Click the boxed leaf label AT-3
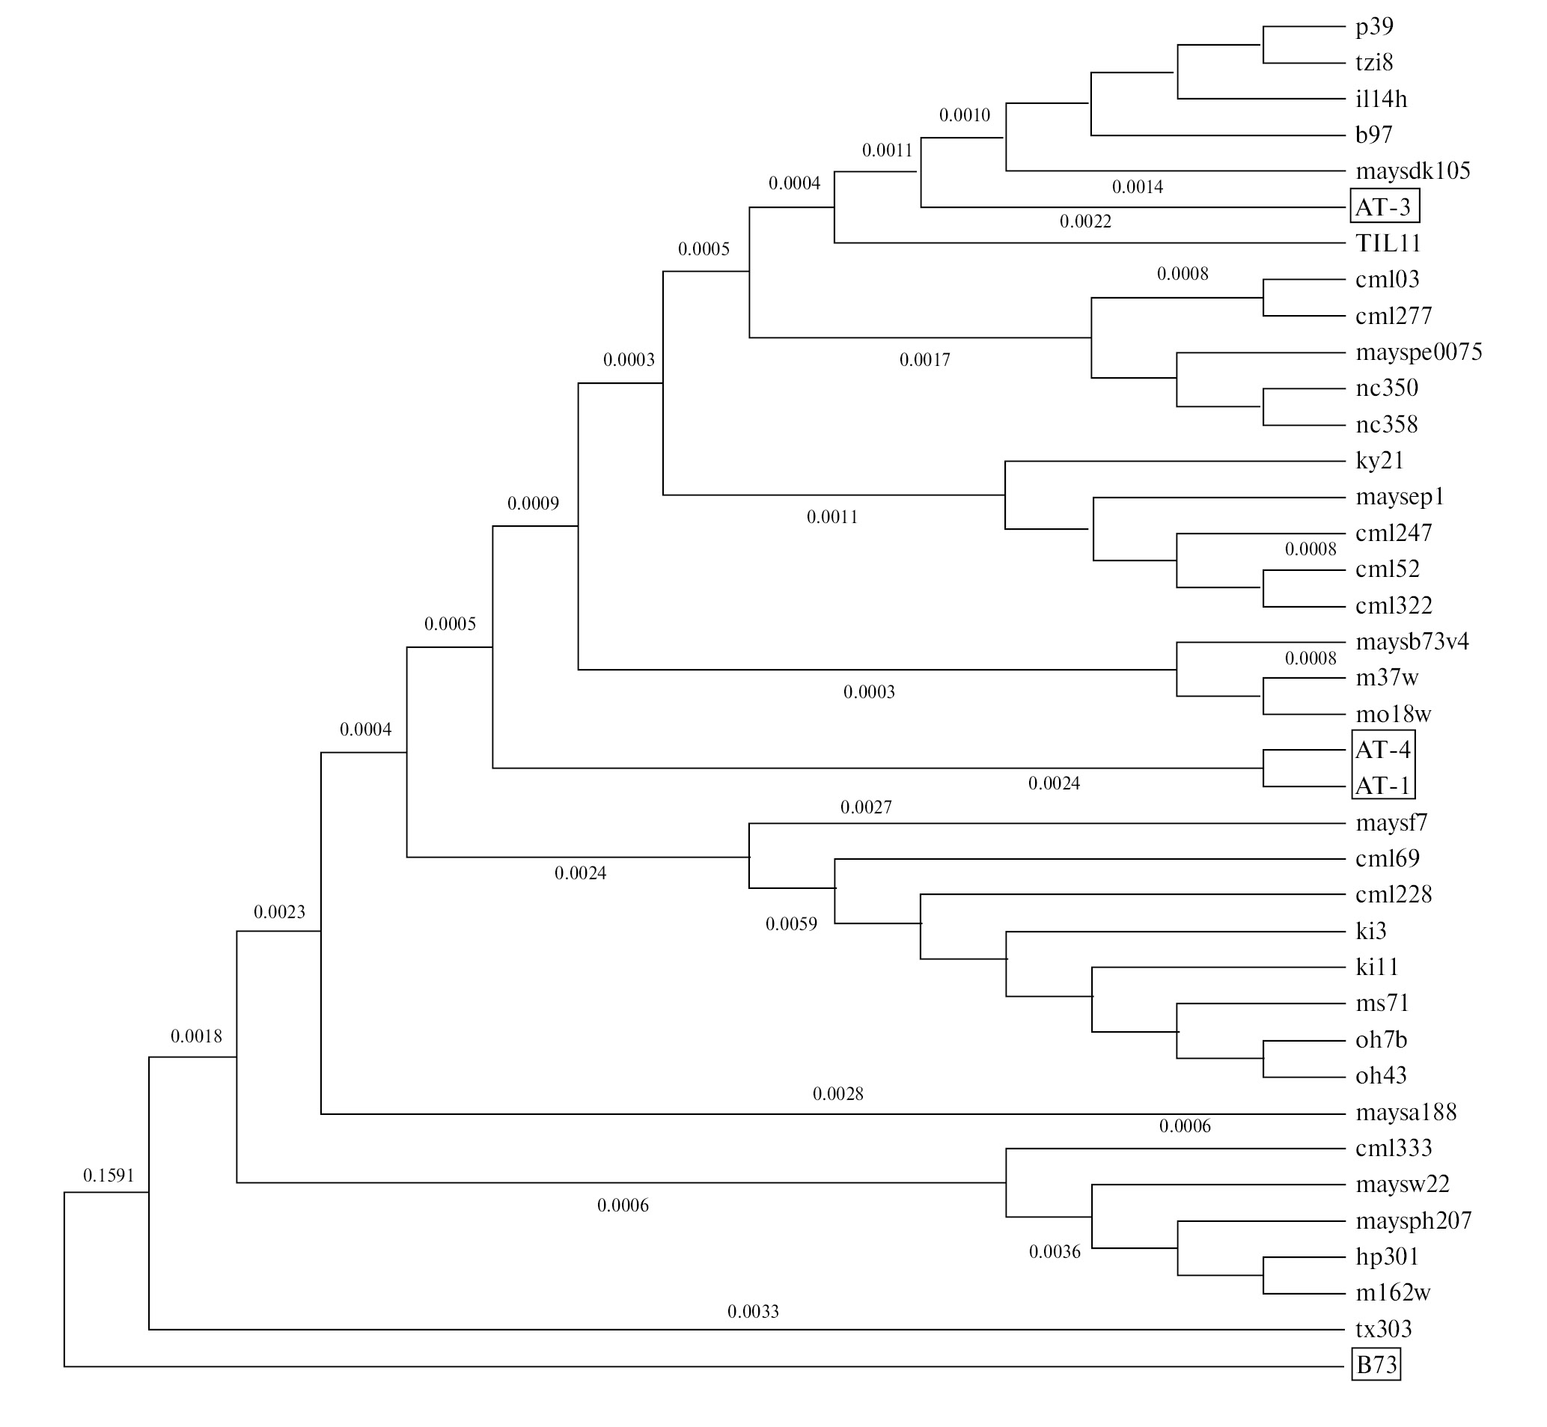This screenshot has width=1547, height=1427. point(1383,207)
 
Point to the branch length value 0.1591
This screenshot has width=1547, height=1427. point(109,1176)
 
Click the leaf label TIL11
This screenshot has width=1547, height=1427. point(1388,243)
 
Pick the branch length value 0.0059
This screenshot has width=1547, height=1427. point(791,924)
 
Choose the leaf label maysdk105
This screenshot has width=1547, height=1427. point(1412,171)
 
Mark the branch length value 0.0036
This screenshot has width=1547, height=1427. point(1055,1252)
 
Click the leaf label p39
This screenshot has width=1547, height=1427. point(1374,27)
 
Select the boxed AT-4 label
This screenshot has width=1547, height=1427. point(1383,749)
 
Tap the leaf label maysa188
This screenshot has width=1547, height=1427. point(1406,1112)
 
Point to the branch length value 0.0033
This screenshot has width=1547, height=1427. point(753,1311)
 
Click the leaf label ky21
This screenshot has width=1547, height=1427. point(1379,460)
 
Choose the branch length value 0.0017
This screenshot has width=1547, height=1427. point(924,360)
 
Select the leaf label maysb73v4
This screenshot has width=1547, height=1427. point(1412,642)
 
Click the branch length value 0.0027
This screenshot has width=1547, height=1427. point(866,807)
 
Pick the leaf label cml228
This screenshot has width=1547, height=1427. point(1394,894)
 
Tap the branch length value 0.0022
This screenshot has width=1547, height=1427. point(1085,221)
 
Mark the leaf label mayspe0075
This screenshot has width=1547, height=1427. point(1419,352)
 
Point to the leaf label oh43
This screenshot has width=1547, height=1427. point(1381,1075)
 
